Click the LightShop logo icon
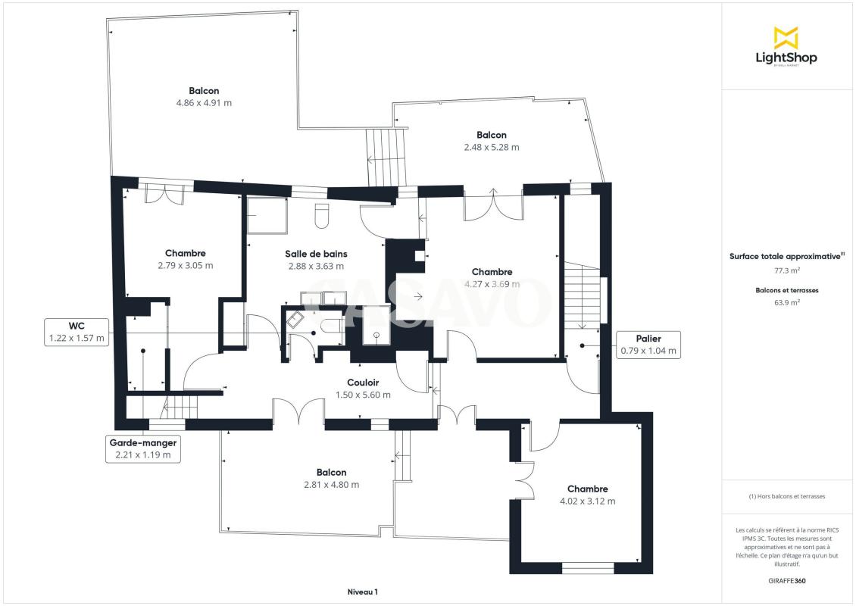coord(786,38)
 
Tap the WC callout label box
coord(77,332)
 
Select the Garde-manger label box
coord(143,448)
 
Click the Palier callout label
coord(648,345)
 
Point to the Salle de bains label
coord(316,254)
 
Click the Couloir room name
coord(363,383)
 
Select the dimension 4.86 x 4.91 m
coord(205,102)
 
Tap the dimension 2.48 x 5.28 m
coord(492,147)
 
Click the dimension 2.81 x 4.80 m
coord(331,484)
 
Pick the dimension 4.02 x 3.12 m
coord(587,501)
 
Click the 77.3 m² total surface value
coord(787,270)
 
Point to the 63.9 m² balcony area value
coord(787,302)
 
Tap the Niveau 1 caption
coord(363,592)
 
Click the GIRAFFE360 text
coord(787,581)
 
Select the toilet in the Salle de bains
coord(322,216)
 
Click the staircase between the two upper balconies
coord(386,158)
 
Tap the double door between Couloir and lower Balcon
coord(298,411)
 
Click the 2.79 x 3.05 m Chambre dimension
coord(186,265)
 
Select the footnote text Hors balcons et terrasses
coord(787,496)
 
